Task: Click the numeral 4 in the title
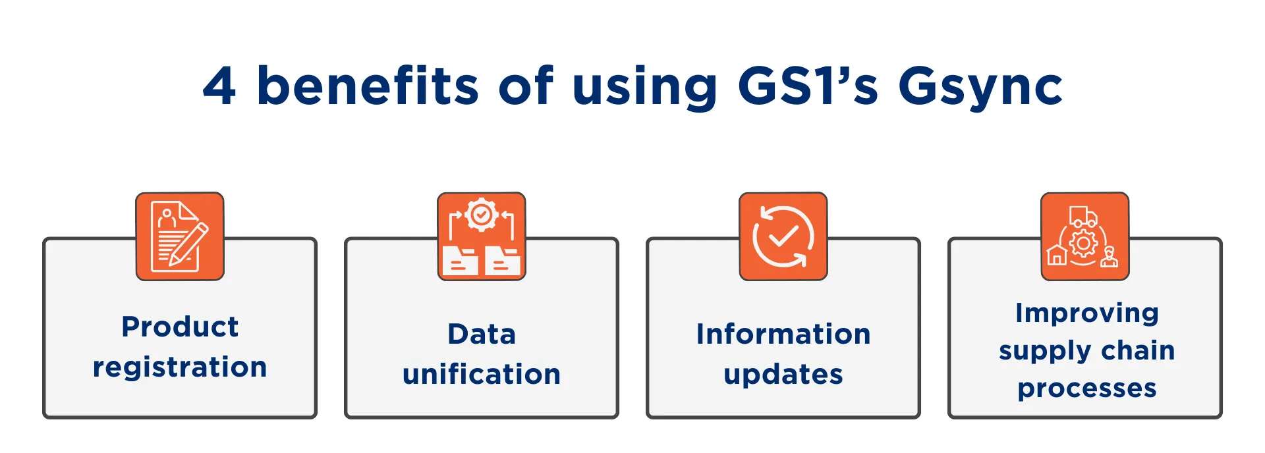click(x=219, y=86)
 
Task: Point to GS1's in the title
click(x=808, y=86)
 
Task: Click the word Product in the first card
click(x=180, y=327)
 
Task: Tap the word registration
click(x=180, y=367)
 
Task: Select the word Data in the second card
click(x=482, y=334)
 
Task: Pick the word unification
click(x=482, y=373)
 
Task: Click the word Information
click(x=783, y=334)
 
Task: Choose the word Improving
click(x=1087, y=313)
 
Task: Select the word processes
click(x=1087, y=389)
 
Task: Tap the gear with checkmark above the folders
click(x=482, y=215)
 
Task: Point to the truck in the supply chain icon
click(x=1083, y=216)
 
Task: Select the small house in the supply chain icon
click(x=1057, y=255)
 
